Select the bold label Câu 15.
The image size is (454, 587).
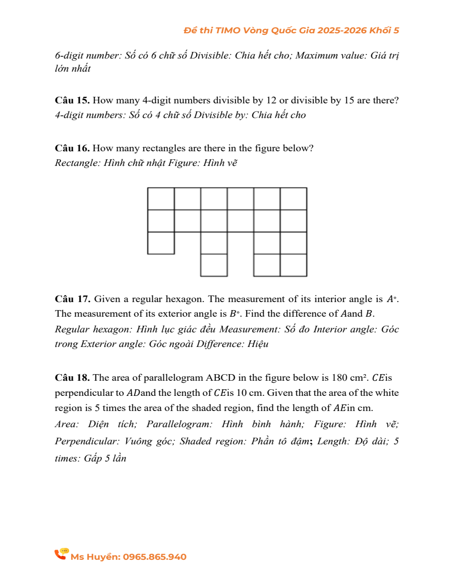pos(72,100)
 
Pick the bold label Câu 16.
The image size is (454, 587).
pos(72,148)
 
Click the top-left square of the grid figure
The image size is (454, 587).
pos(161,199)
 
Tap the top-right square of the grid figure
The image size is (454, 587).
pos(293,199)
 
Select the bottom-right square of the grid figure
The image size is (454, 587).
pos(293,265)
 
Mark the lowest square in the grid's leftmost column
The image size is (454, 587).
pos(161,243)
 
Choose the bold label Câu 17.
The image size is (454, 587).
pos(72,299)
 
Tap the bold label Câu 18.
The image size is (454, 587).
pos(72,378)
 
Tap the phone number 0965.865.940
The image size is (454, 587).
pos(154,557)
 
